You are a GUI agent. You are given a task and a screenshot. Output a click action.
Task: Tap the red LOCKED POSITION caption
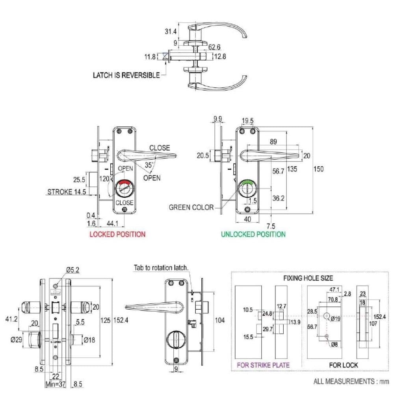click(x=117, y=234)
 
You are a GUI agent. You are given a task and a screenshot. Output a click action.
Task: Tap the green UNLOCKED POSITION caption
click(x=253, y=234)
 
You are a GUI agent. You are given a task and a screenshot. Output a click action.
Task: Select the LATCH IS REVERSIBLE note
click(x=126, y=75)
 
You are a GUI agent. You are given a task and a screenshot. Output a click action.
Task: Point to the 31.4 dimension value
click(x=171, y=32)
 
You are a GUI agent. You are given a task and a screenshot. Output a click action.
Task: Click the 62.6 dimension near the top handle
click(x=214, y=47)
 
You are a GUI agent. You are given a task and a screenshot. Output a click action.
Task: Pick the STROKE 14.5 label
click(x=67, y=192)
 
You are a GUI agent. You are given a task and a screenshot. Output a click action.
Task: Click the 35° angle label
click(x=149, y=165)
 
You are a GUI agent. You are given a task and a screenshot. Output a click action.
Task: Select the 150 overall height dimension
click(x=318, y=169)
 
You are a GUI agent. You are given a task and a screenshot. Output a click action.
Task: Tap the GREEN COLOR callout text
click(x=191, y=207)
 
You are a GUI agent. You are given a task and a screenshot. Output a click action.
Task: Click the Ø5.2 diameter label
click(x=73, y=270)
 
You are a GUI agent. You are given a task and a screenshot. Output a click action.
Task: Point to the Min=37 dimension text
click(x=56, y=384)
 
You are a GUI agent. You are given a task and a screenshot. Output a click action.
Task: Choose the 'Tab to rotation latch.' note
click(x=161, y=268)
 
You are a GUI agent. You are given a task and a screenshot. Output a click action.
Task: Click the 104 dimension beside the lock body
click(x=220, y=320)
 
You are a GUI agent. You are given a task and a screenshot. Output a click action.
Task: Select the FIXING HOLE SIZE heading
click(x=308, y=278)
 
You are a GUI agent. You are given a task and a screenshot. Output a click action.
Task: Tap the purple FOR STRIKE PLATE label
click(x=263, y=365)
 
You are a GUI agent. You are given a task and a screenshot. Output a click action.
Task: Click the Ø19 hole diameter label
click(x=335, y=319)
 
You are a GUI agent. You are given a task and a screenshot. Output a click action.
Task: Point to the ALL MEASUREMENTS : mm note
click(x=351, y=381)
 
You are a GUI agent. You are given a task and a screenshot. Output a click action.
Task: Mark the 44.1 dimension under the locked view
click(x=112, y=223)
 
